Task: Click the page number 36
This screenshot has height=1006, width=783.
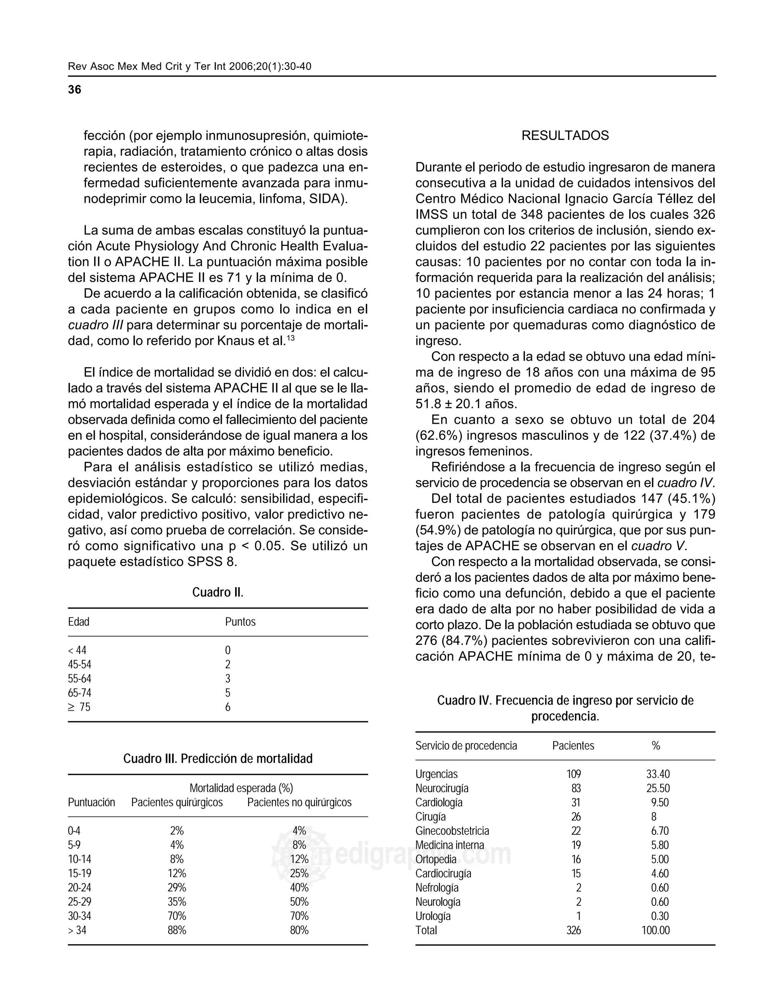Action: click(x=74, y=90)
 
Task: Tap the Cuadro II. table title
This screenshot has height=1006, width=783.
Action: click(x=218, y=592)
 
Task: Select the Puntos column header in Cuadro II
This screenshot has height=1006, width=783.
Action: click(x=240, y=622)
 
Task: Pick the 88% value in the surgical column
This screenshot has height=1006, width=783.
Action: click(x=177, y=930)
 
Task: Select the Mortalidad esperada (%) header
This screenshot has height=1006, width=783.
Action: click(x=241, y=788)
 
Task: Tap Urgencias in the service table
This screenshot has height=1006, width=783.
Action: click(x=437, y=774)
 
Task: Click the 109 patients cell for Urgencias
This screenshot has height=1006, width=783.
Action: click(x=574, y=774)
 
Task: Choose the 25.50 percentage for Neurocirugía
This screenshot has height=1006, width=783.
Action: click(x=658, y=789)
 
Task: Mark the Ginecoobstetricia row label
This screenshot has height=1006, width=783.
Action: click(x=452, y=831)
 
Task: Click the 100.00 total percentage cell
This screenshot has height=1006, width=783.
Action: click(x=655, y=930)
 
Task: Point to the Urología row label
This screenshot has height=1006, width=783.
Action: click(x=433, y=916)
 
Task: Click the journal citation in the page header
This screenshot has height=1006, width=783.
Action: click(x=189, y=66)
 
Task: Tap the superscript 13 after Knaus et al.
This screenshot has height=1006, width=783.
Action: click(x=291, y=339)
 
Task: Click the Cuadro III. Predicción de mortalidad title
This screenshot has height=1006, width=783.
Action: click(x=218, y=759)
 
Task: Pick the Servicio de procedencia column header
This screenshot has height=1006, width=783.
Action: click(x=466, y=746)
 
